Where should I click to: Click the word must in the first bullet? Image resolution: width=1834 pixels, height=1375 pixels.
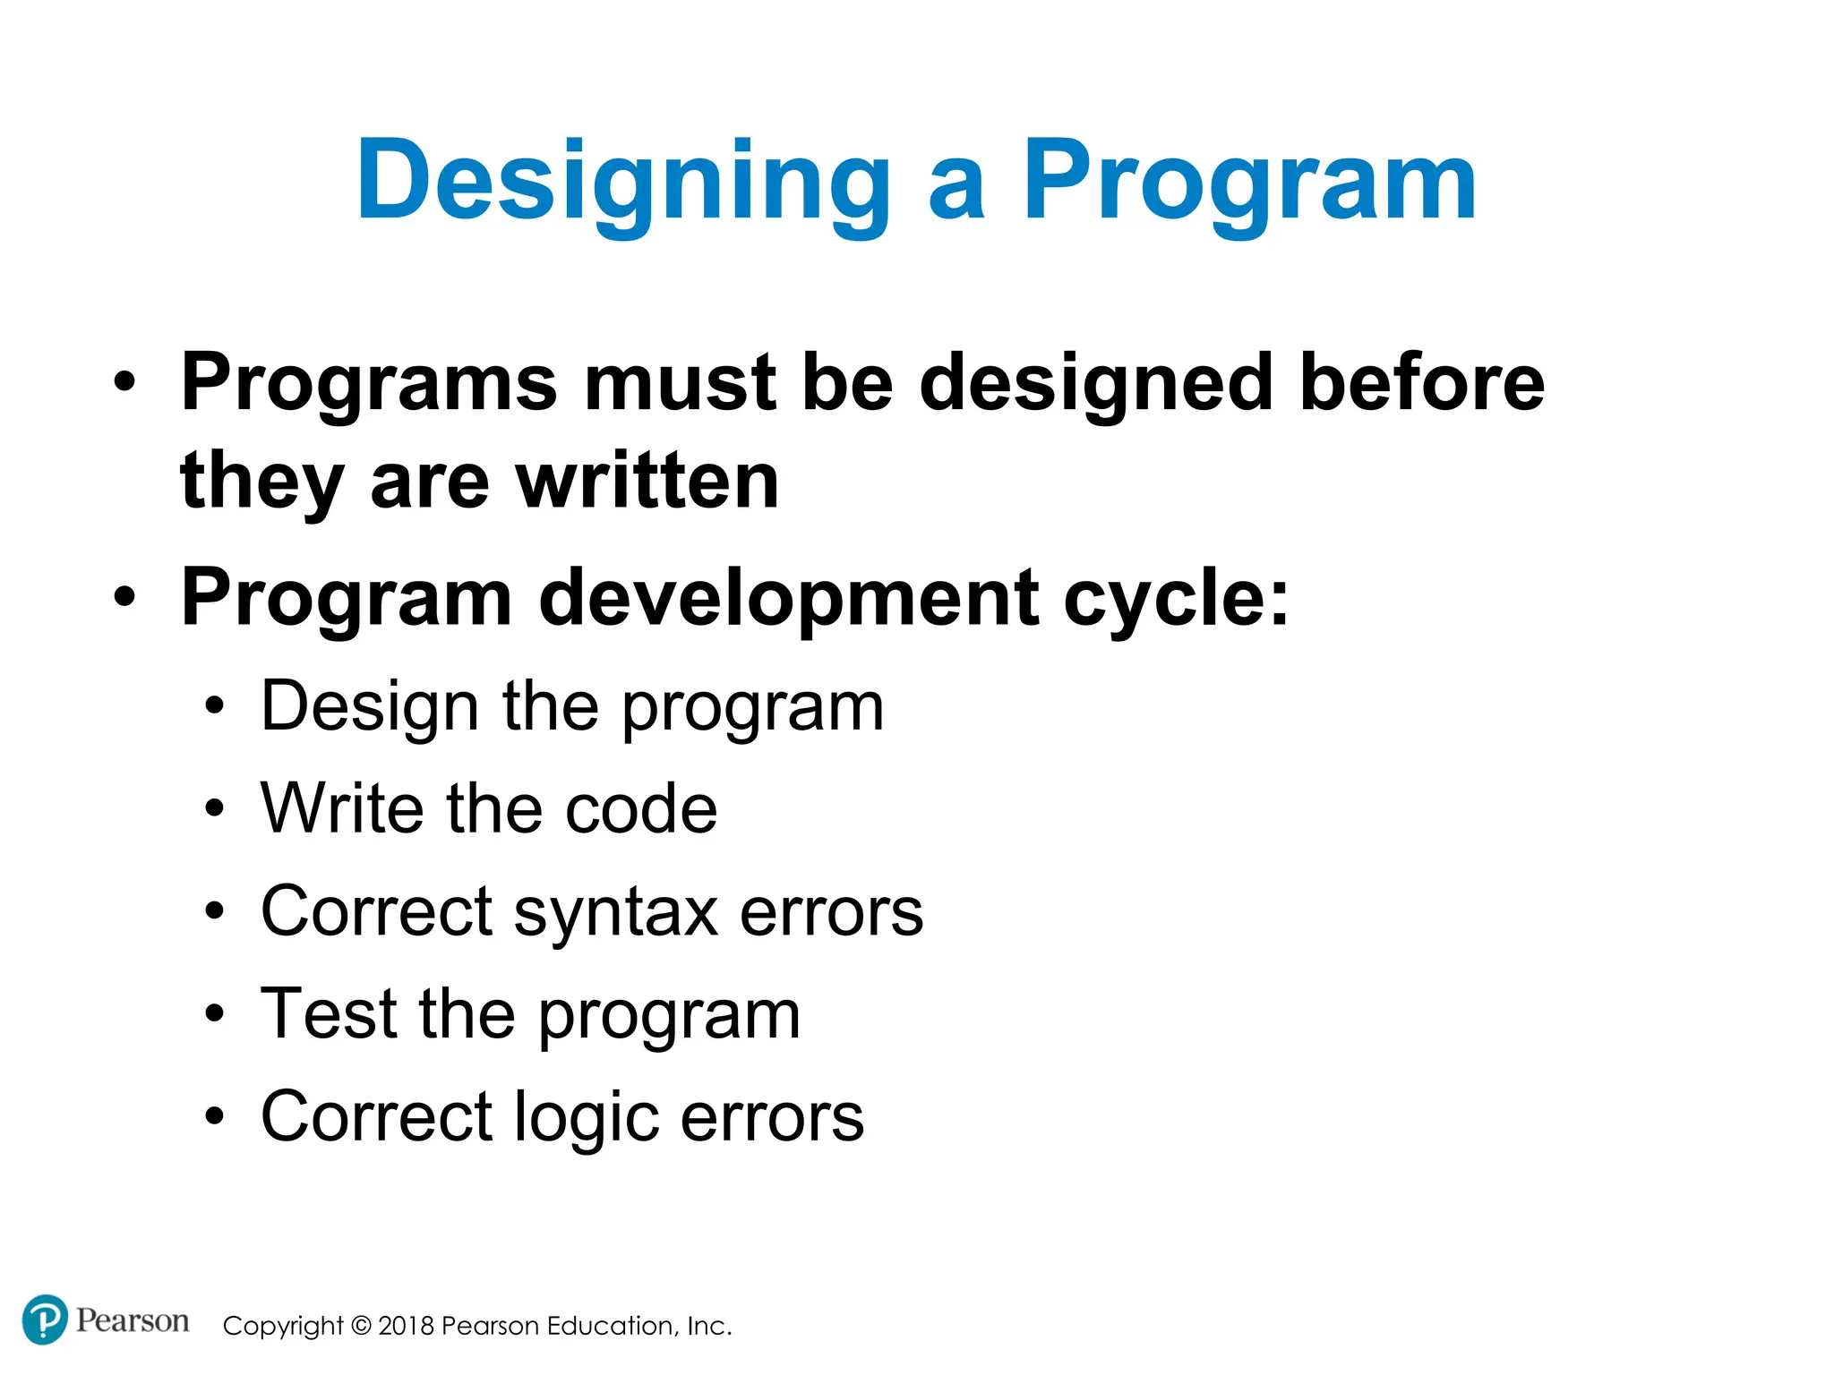click(x=680, y=382)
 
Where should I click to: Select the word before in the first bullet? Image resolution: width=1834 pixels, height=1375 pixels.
click(x=1421, y=382)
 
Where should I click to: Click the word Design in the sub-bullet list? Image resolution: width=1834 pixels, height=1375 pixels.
click(x=370, y=707)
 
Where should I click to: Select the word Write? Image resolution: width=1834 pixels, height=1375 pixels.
click(x=341, y=808)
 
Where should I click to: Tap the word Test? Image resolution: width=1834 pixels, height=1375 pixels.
click(x=328, y=1014)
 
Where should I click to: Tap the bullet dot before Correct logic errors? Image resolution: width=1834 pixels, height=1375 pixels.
click(x=213, y=1117)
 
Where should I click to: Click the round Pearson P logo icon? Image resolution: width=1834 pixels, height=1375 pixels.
click(x=45, y=1319)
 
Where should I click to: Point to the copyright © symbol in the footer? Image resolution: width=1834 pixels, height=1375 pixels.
click(x=361, y=1326)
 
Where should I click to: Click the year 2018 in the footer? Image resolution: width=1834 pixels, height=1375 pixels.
click(x=407, y=1326)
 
